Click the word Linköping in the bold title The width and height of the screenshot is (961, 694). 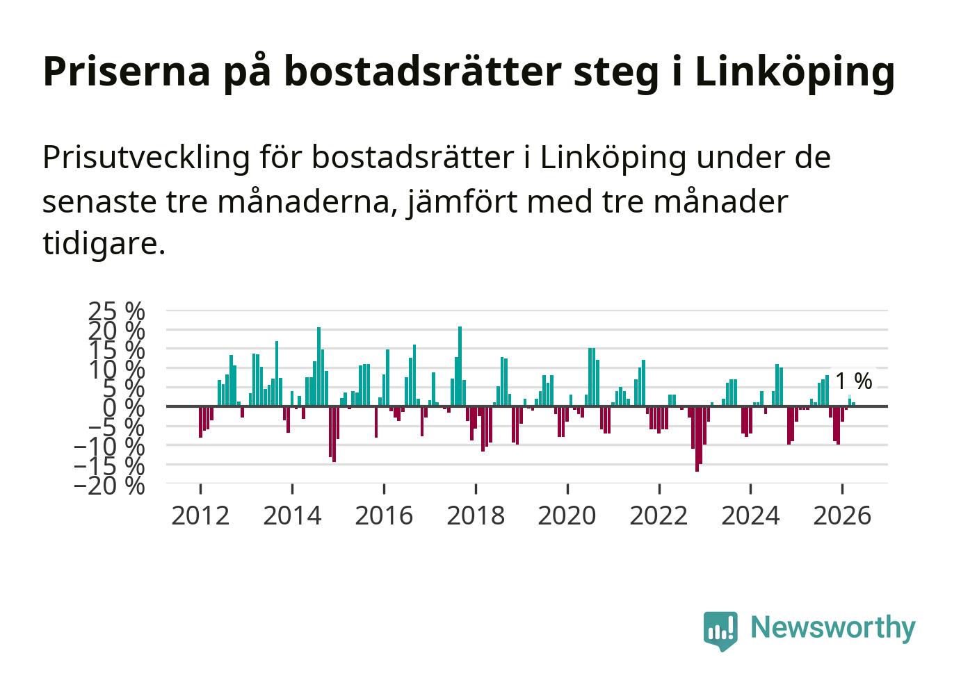point(794,73)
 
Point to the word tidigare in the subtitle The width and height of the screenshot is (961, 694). point(104,244)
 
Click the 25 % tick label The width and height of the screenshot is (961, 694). point(116,312)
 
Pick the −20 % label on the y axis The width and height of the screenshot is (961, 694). point(109,486)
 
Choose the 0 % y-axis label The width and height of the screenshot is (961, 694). point(124,407)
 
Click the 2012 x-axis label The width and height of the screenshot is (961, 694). point(200,515)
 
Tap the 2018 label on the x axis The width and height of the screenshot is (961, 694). point(476,515)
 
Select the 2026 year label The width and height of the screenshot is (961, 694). point(842,515)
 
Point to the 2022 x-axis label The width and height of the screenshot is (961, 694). point(659,515)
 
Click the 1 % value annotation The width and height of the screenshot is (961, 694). point(854,381)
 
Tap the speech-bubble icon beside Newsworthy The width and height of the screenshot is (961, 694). point(720,631)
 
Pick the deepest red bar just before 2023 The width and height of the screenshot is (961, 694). point(697,439)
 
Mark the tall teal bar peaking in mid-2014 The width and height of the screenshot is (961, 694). point(318,367)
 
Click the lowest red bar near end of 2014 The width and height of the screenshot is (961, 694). point(334,434)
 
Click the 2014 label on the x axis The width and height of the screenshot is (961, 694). point(292,515)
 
